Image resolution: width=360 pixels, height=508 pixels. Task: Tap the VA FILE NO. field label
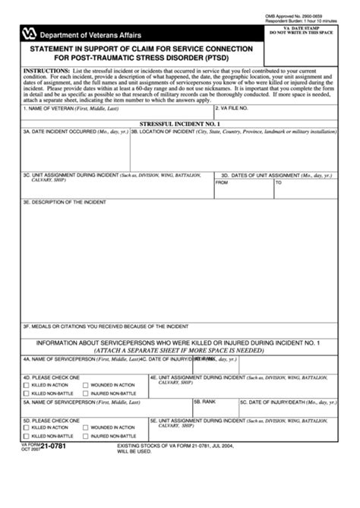tap(244, 109)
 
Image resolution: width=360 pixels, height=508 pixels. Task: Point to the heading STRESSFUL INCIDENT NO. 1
tap(179, 123)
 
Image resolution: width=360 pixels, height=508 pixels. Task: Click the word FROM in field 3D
tap(222, 183)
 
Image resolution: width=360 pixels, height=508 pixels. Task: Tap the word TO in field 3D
tap(279, 183)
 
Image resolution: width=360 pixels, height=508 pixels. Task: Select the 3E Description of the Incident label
tap(65, 202)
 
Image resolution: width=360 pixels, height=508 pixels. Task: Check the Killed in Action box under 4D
tap(26, 385)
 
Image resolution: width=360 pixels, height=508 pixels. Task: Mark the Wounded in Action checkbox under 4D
tap(85, 385)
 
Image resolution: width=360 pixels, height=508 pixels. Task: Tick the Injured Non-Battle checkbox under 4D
tap(85, 394)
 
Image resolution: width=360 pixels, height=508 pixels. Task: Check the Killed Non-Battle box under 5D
tap(26, 437)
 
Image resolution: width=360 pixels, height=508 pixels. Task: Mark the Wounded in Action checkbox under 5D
tap(85, 428)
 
